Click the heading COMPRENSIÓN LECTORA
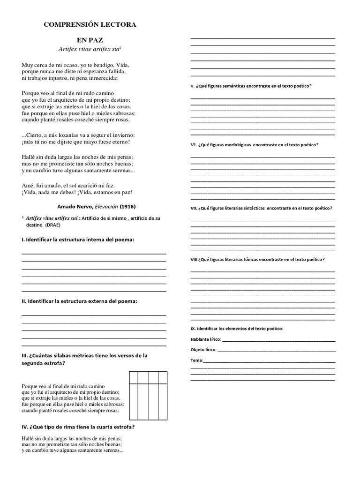(90, 24)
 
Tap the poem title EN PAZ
(90, 40)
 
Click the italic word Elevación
(106, 206)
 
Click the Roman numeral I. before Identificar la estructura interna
(23, 240)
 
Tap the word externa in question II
(96, 301)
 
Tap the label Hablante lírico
(205, 339)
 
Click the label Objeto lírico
(203, 350)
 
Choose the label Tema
(196, 360)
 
